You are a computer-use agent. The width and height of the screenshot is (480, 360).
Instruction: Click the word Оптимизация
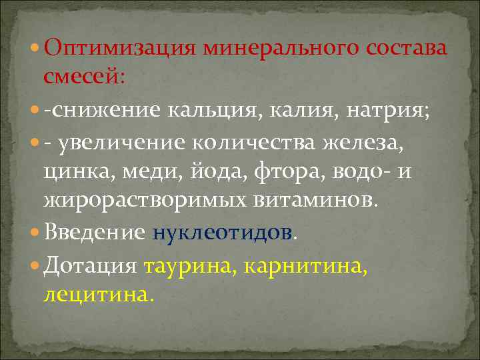tap(121, 49)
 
